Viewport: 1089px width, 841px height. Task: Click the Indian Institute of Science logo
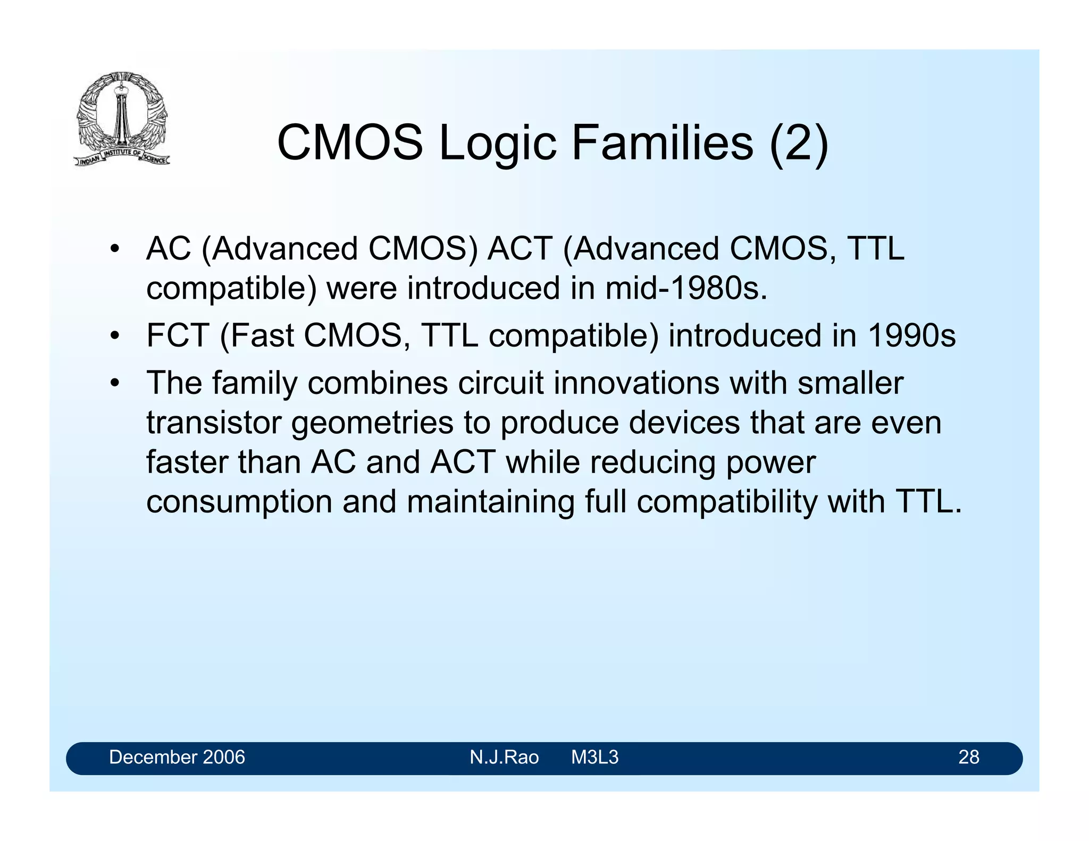pyautogui.click(x=122, y=119)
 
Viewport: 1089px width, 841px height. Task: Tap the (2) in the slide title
pyautogui.click(x=799, y=142)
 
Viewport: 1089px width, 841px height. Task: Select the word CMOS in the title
pyautogui.click(x=350, y=142)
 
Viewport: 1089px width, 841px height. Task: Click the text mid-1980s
pyautogui.click(x=686, y=288)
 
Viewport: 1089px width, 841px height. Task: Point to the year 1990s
pyautogui.click(x=911, y=335)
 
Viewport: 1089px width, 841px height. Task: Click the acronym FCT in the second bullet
pyautogui.click(x=178, y=335)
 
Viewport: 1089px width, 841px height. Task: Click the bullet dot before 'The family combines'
pyautogui.click(x=114, y=383)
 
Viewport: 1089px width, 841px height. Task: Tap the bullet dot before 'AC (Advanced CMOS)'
pyautogui.click(x=114, y=249)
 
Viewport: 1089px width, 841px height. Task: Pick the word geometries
pyautogui.click(x=372, y=423)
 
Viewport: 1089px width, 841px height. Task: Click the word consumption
pyautogui.click(x=239, y=502)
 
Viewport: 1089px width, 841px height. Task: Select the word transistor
pyautogui.click(x=214, y=423)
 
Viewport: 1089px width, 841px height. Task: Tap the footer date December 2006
pyautogui.click(x=177, y=757)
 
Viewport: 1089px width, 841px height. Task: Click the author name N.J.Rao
pyautogui.click(x=504, y=757)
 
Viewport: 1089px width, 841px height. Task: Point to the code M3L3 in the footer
pyautogui.click(x=594, y=757)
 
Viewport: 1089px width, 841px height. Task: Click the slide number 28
pyautogui.click(x=968, y=757)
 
